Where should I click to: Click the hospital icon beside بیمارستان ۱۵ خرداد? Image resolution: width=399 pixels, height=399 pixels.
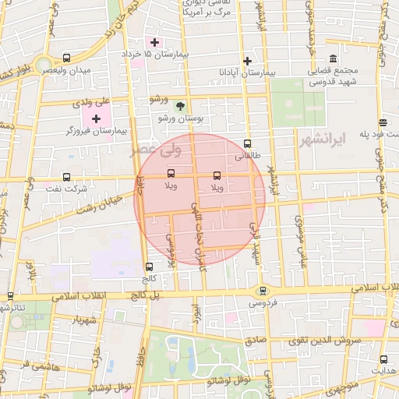click(154, 42)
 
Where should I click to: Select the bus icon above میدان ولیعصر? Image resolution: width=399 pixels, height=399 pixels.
click(66, 58)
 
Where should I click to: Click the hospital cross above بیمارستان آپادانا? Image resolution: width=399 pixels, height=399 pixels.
click(247, 61)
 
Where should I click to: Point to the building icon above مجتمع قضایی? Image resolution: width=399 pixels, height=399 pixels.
click(334, 60)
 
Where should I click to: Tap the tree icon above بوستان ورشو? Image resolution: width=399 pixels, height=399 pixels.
click(181, 106)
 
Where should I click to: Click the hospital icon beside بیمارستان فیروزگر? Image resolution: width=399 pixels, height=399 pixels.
click(96, 118)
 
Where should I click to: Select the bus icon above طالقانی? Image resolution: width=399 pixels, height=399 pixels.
click(247, 143)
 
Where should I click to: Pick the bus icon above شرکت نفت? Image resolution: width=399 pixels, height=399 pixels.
click(66, 176)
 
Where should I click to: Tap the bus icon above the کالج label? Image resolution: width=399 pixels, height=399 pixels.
click(149, 266)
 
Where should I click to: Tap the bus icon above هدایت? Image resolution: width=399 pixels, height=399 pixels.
click(383, 359)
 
